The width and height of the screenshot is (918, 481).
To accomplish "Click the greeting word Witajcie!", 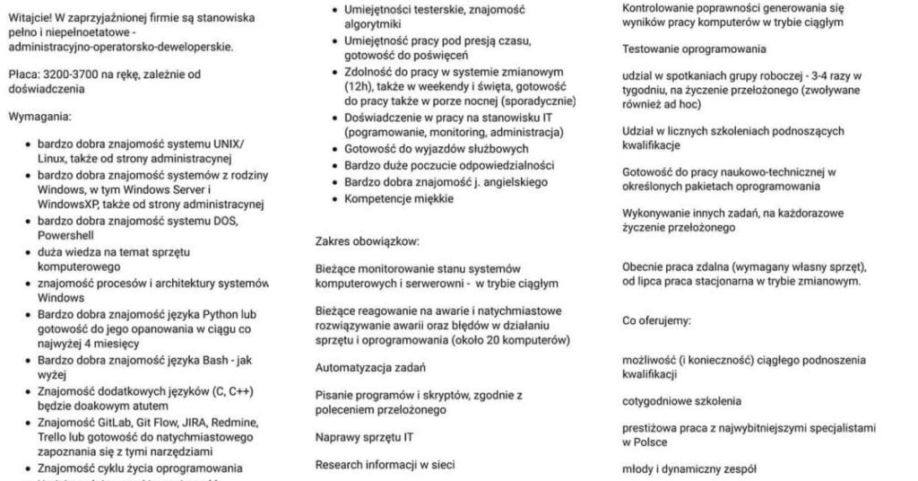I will point(30,17).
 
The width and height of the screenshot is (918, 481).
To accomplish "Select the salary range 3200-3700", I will point(74,74).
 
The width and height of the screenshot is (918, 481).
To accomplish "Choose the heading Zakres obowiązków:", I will point(367,240).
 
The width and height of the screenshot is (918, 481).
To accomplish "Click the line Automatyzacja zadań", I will point(370,366).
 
